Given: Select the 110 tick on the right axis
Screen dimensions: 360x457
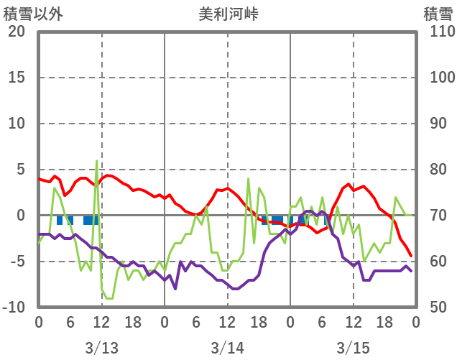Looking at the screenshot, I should [x=438, y=32].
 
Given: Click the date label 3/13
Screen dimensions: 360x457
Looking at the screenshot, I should [x=101, y=348].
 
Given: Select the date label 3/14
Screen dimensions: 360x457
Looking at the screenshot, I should [x=227, y=348].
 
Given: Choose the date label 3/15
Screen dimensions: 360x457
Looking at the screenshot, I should [x=353, y=348].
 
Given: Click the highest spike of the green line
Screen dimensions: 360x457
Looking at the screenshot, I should [x=97, y=161].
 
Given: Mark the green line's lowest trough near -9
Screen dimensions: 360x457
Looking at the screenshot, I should [x=109, y=298].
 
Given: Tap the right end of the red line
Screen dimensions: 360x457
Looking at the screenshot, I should [x=411, y=255].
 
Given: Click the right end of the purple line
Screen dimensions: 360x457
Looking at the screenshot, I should [x=411, y=270].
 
